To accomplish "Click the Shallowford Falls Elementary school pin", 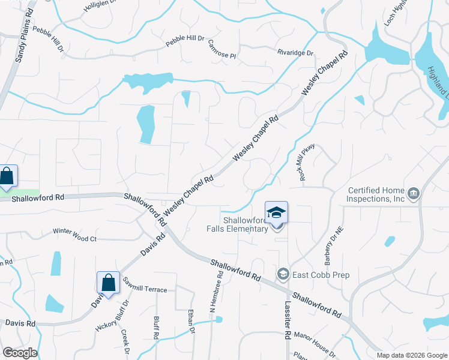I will point(276,213).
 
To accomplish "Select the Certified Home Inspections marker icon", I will point(413,194).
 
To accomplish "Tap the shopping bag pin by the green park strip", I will point(7,176).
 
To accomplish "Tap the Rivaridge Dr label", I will point(295,53).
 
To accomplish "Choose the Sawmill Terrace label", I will point(145,289).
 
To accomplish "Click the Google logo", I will point(20,353).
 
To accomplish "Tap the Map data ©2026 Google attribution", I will point(411,355).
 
